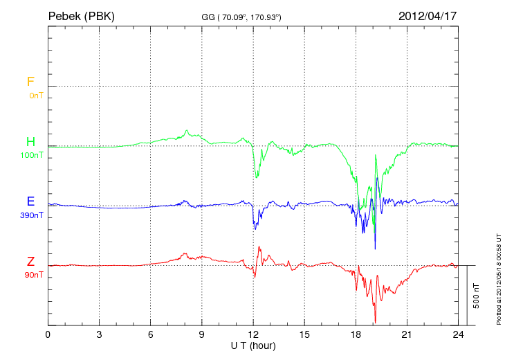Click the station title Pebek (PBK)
(x=81, y=15)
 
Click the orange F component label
(x=30, y=82)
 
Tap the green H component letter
(x=30, y=142)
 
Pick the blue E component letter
(x=30, y=201)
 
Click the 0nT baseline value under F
(x=35, y=96)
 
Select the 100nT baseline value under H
(x=32, y=156)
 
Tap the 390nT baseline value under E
(x=32, y=215)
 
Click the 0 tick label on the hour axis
(x=48, y=334)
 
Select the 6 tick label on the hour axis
(x=151, y=334)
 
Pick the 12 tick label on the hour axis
(x=253, y=334)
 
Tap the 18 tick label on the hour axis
(x=356, y=334)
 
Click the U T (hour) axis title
(x=253, y=345)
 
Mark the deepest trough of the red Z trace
(x=375, y=322)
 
